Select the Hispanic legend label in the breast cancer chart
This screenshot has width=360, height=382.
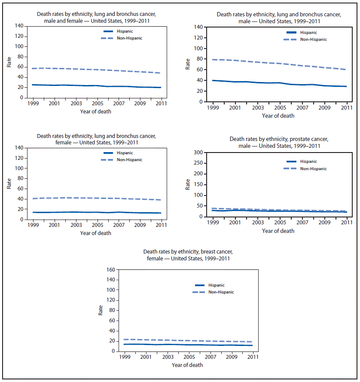click(217, 285)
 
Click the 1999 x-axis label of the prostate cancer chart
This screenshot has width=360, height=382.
click(213, 223)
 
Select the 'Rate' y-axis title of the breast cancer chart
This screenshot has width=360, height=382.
click(101, 310)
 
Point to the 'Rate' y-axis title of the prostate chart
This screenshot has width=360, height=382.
click(188, 185)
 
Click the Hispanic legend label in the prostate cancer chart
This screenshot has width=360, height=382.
click(309, 162)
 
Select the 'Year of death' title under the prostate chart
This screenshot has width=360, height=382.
click(278, 231)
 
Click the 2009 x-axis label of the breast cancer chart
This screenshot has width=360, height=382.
click(232, 357)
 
